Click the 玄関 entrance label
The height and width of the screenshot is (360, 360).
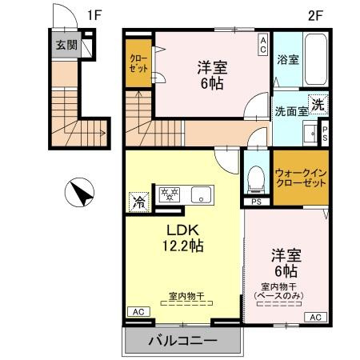tap(66, 45)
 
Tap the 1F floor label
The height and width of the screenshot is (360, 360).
tap(95, 14)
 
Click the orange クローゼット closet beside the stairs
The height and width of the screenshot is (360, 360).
tap(138, 63)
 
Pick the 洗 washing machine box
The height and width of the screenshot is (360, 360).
tap(318, 104)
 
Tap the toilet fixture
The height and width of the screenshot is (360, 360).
tap(254, 179)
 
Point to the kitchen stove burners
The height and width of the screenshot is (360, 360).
tap(170, 193)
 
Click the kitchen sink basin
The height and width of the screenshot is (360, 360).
tap(200, 193)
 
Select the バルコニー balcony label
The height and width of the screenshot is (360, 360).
tap(182, 342)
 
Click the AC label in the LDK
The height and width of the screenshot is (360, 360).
tap(137, 311)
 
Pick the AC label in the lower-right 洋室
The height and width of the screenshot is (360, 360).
tap(315, 317)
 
